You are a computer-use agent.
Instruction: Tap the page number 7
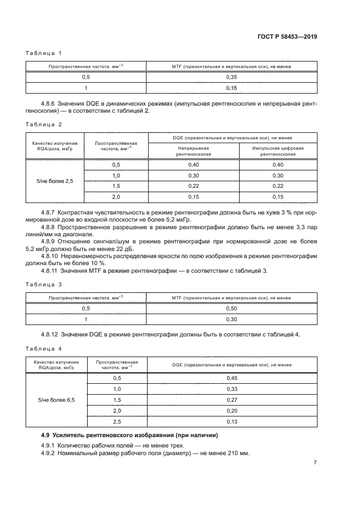click(315, 463)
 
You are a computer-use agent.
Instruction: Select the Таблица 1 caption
click(44, 53)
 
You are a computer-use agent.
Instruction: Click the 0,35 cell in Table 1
click(231, 77)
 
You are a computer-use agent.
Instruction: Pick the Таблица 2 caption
click(44, 125)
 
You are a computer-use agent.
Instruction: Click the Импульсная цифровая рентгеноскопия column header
click(278, 151)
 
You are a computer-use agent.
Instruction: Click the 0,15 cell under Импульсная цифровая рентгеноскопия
click(278, 196)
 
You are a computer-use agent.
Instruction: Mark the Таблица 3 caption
click(44, 284)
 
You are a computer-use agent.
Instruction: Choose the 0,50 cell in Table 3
click(231, 308)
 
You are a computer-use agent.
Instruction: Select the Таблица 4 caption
click(44, 348)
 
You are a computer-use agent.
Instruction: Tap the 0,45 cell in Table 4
click(231, 378)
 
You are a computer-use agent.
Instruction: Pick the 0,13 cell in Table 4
click(231, 421)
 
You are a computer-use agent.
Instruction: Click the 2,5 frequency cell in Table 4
click(117, 421)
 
